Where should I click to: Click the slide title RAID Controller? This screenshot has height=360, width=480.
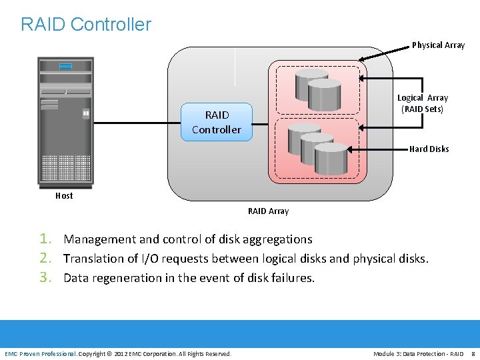pos(86,25)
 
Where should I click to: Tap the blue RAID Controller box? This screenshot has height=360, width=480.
pos(217,123)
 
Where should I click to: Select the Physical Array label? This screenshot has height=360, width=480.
pos(438,45)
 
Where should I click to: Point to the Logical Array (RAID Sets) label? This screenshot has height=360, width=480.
pos(423,103)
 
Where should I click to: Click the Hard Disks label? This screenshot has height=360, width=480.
pos(429,149)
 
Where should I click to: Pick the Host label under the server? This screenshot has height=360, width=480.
pos(64,196)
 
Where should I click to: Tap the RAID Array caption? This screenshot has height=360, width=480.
pos(268,211)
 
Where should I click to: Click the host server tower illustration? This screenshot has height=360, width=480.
pos(65,120)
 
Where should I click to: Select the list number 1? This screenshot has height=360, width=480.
pos(45,239)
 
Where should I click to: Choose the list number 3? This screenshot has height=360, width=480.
pos(45,277)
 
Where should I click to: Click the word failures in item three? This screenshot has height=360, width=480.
pos(292,278)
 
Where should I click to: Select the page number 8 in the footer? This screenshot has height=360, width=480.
pos(473,353)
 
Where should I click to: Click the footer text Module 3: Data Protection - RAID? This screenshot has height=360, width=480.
pos(418,353)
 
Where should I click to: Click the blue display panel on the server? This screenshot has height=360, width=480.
pos(65,66)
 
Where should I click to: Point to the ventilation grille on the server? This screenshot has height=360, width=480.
pos(65,168)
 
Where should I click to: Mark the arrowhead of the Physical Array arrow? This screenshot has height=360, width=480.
pos(361,59)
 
